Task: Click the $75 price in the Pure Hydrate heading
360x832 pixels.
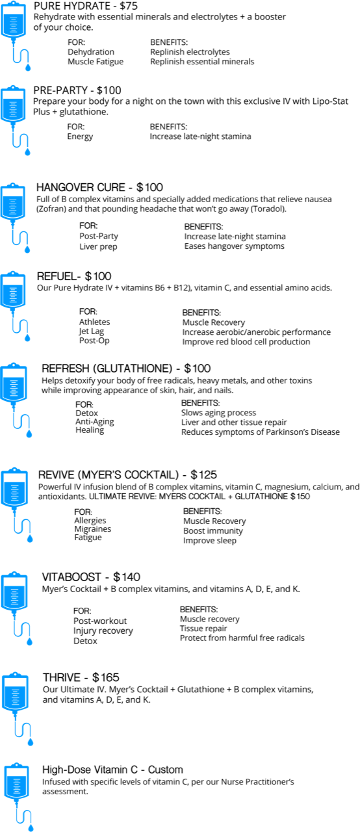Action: [129, 6]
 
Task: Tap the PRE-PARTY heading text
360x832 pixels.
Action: [60, 90]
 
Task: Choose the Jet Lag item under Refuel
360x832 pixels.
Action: [91, 331]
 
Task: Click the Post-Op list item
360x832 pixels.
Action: [94, 341]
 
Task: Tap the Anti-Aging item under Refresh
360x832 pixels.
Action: [95, 422]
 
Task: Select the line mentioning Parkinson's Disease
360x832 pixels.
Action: [261, 432]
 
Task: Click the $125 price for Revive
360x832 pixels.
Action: [204, 474]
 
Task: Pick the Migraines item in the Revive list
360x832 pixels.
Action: [93, 529]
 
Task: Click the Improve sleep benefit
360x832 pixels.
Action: [210, 540]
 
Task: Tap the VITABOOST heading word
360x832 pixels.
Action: [71, 577]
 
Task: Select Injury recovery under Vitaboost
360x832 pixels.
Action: [103, 630]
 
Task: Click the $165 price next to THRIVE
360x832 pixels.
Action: [106, 677]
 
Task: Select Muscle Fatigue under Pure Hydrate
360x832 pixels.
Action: [96, 62]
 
